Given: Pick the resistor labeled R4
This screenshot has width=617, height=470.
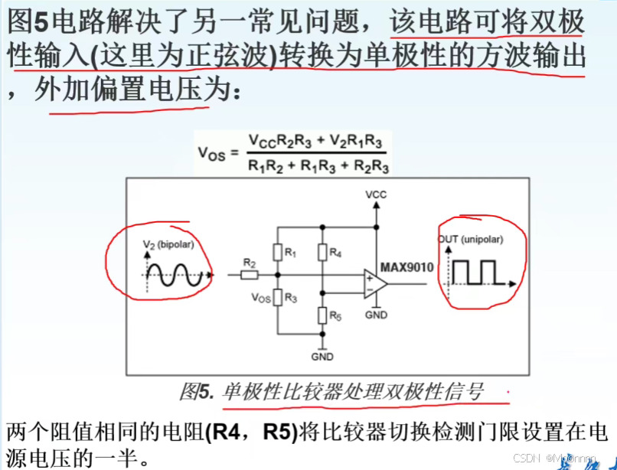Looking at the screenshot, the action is point(322,252).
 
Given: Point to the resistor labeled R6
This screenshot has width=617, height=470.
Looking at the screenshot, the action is point(322,315).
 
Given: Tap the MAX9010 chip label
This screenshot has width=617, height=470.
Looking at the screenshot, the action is point(406,267).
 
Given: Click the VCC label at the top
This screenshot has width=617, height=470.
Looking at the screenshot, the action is point(376,194).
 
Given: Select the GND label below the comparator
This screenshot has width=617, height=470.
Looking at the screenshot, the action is point(376,315).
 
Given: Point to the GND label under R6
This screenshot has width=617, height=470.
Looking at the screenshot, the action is point(322,357).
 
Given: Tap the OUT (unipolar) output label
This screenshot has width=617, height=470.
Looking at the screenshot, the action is point(470,239).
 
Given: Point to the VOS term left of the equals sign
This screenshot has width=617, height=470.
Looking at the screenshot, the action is point(212,153).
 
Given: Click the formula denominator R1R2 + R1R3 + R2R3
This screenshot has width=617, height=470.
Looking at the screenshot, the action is point(318,166).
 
